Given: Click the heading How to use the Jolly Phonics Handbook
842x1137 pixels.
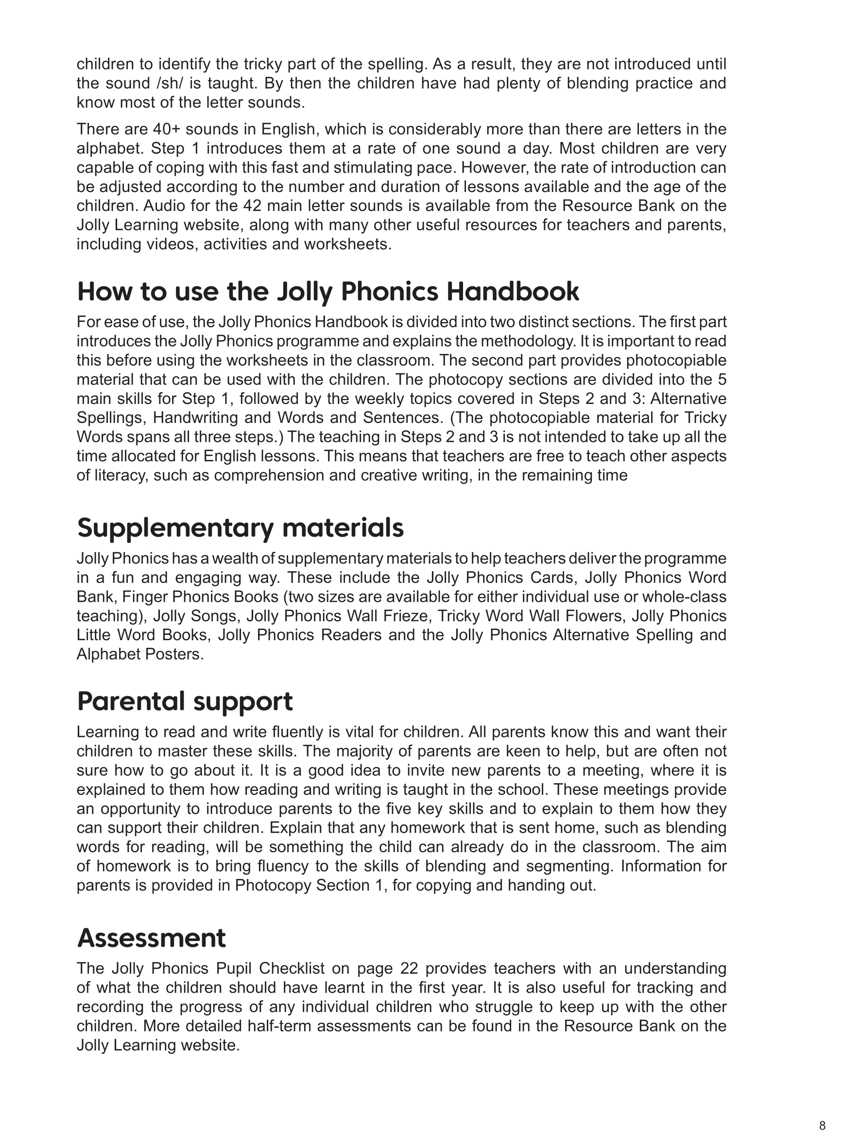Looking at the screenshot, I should click(x=328, y=292).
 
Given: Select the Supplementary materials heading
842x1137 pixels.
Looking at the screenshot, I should click(x=240, y=528).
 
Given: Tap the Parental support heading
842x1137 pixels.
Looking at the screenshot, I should click(x=185, y=701).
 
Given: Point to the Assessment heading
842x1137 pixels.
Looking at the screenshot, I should click(x=151, y=938).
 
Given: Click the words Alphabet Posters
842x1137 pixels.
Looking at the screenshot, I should click(x=139, y=655).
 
